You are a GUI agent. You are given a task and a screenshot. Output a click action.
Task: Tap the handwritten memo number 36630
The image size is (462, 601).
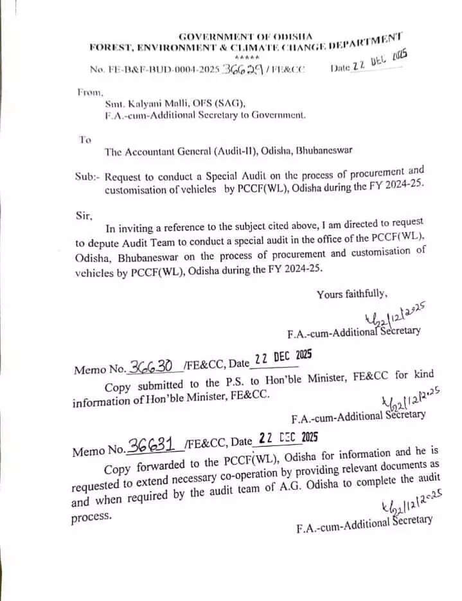pos(151,366)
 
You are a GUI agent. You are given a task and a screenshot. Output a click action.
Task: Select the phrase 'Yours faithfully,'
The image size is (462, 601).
pos(351,294)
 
